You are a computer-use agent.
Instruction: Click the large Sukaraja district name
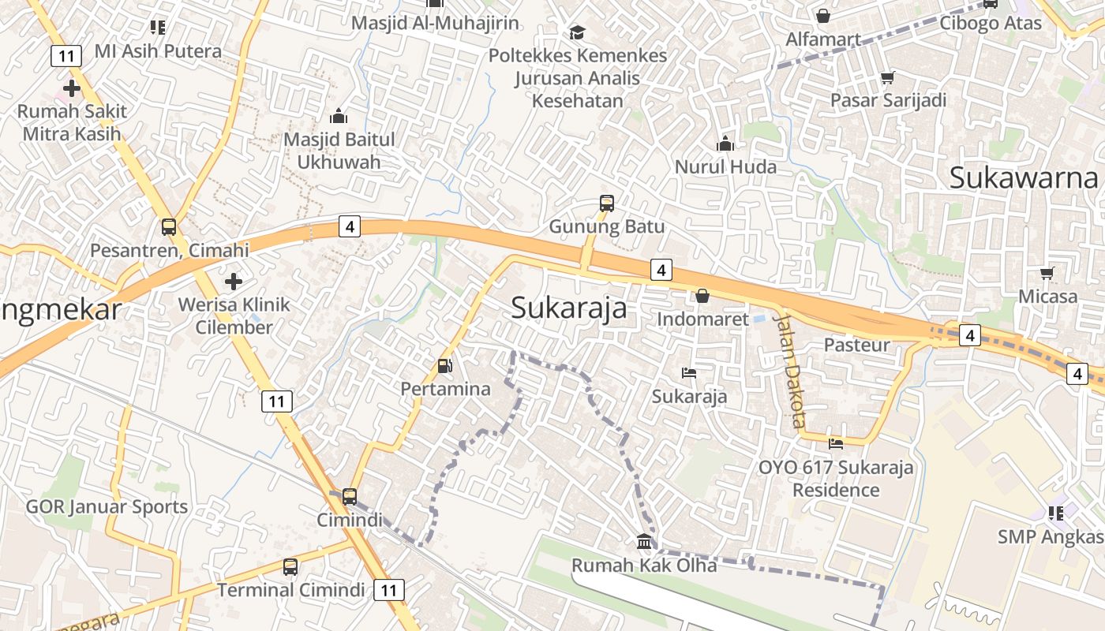click(568, 308)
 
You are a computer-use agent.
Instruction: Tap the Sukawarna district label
click(1023, 177)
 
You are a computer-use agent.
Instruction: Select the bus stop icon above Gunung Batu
click(606, 203)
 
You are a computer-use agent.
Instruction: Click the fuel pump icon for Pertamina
click(445, 366)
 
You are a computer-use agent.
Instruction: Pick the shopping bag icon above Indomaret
click(702, 296)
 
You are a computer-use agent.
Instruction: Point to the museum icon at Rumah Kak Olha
click(644, 542)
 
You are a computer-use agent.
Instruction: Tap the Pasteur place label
click(856, 345)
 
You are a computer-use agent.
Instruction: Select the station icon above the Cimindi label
click(349, 497)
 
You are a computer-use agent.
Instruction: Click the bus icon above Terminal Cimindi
click(290, 566)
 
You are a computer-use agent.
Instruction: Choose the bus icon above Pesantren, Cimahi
click(168, 227)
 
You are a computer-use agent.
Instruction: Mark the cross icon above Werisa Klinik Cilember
click(234, 281)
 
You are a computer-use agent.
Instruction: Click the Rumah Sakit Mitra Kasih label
click(72, 122)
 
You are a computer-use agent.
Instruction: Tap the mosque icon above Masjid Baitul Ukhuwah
click(339, 117)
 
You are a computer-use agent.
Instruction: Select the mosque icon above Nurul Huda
click(725, 144)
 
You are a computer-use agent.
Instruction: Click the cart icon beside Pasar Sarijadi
click(887, 77)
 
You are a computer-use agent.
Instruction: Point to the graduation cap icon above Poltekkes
click(577, 32)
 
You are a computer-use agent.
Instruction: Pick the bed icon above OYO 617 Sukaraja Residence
click(835, 443)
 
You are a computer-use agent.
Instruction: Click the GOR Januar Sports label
click(107, 506)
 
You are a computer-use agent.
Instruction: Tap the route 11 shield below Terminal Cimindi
click(388, 589)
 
